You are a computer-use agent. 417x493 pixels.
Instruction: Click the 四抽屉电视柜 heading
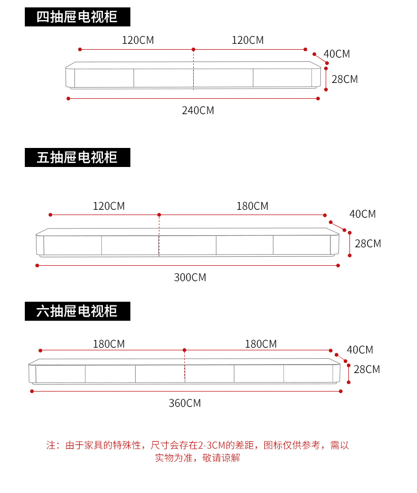pos(77,17)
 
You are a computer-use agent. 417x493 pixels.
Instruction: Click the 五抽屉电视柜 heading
pos(77,157)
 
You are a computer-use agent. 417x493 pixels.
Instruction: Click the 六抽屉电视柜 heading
pos(77,311)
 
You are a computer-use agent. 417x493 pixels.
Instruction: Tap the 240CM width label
pos(198,110)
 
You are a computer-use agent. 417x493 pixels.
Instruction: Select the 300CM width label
pos(190,277)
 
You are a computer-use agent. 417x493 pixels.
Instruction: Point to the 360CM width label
pos(185,403)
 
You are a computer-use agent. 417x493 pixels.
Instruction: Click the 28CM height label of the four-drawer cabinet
pos(344,79)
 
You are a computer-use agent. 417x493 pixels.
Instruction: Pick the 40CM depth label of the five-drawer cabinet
pos(363,214)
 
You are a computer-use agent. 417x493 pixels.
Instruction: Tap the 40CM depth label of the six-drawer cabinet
pos(360,350)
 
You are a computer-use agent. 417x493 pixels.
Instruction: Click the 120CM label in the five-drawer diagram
pos(109,206)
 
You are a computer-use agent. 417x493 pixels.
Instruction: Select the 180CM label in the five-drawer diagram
pos(252,206)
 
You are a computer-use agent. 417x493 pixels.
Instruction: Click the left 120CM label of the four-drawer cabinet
pos(138,40)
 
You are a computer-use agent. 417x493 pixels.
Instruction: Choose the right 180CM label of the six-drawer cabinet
pos(261,344)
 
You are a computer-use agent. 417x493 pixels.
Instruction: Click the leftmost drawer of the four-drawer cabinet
pos(103,78)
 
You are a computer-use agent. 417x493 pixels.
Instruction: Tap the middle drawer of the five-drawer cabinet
pos(187,245)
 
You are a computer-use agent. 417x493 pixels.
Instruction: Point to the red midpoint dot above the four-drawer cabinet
pos(193,49)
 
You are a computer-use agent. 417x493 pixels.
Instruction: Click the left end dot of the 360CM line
pos(32,391)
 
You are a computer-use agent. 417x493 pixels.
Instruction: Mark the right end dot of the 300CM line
pos(338,265)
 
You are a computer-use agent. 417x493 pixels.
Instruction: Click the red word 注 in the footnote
pos(51,445)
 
